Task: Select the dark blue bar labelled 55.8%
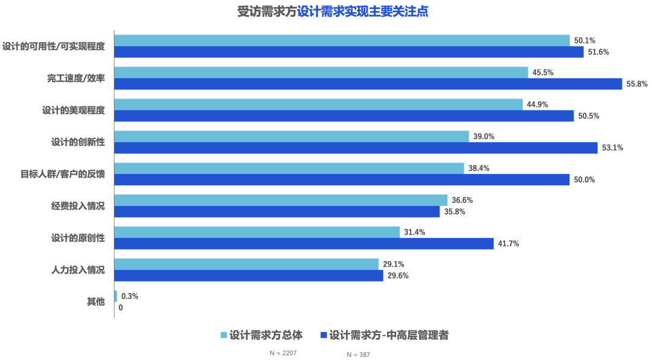tap(368, 84)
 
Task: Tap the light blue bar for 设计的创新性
tap(292, 137)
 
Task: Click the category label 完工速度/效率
tap(76, 78)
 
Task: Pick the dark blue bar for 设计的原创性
tap(304, 243)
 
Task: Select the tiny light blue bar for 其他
tap(116, 296)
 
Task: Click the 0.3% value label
tap(130, 296)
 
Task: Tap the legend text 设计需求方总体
tap(266, 335)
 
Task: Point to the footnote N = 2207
tap(283, 352)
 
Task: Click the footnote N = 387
tap(359, 355)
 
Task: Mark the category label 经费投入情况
tap(78, 206)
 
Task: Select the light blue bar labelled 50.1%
tap(342, 40)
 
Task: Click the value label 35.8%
tap(455, 212)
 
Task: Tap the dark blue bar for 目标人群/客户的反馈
tap(342, 180)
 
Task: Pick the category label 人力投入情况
tap(78, 270)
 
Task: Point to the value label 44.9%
tap(537, 104)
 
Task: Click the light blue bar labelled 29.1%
tap(246, 264)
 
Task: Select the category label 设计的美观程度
tap(73, 110)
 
